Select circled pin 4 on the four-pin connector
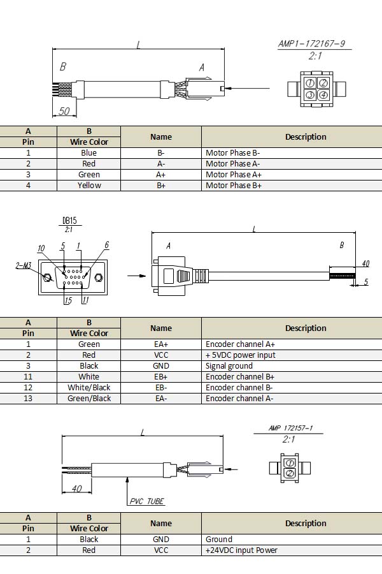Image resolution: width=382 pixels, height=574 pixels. point(323,96)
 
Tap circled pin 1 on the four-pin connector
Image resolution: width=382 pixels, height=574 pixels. point(309,84)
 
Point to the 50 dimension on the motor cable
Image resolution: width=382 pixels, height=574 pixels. point(64,111)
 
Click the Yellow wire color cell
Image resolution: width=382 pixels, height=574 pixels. point(89,186)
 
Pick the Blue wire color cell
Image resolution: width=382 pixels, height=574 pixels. point(89,153)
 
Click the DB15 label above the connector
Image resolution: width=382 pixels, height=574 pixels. point(69,221)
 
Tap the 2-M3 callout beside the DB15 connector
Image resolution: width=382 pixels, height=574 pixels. point(24,265)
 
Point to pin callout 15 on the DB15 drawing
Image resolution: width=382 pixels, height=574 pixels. point(68,301)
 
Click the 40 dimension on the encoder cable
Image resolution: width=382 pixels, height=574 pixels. point(365,263)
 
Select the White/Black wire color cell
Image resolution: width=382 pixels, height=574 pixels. point(89,388)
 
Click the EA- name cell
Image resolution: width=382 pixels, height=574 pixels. point(160,399)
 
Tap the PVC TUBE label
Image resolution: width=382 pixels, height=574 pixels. point(147,501)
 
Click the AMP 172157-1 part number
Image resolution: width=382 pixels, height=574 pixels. point(294,429)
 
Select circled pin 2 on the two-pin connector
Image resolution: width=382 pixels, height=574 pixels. point(290,473)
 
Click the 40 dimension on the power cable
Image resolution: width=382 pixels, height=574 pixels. point(77,489)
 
